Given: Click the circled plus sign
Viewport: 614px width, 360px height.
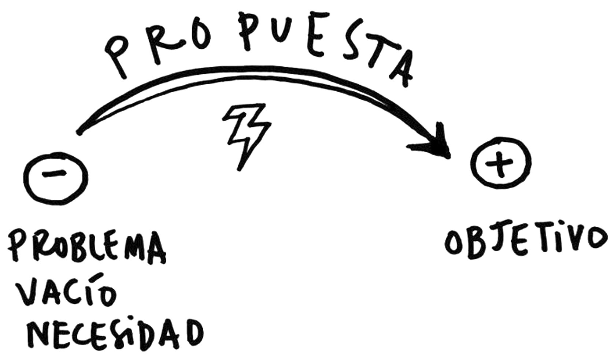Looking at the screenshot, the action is [x=500, y=162].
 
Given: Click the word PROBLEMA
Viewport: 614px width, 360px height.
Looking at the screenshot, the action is [x=86, y=246].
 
